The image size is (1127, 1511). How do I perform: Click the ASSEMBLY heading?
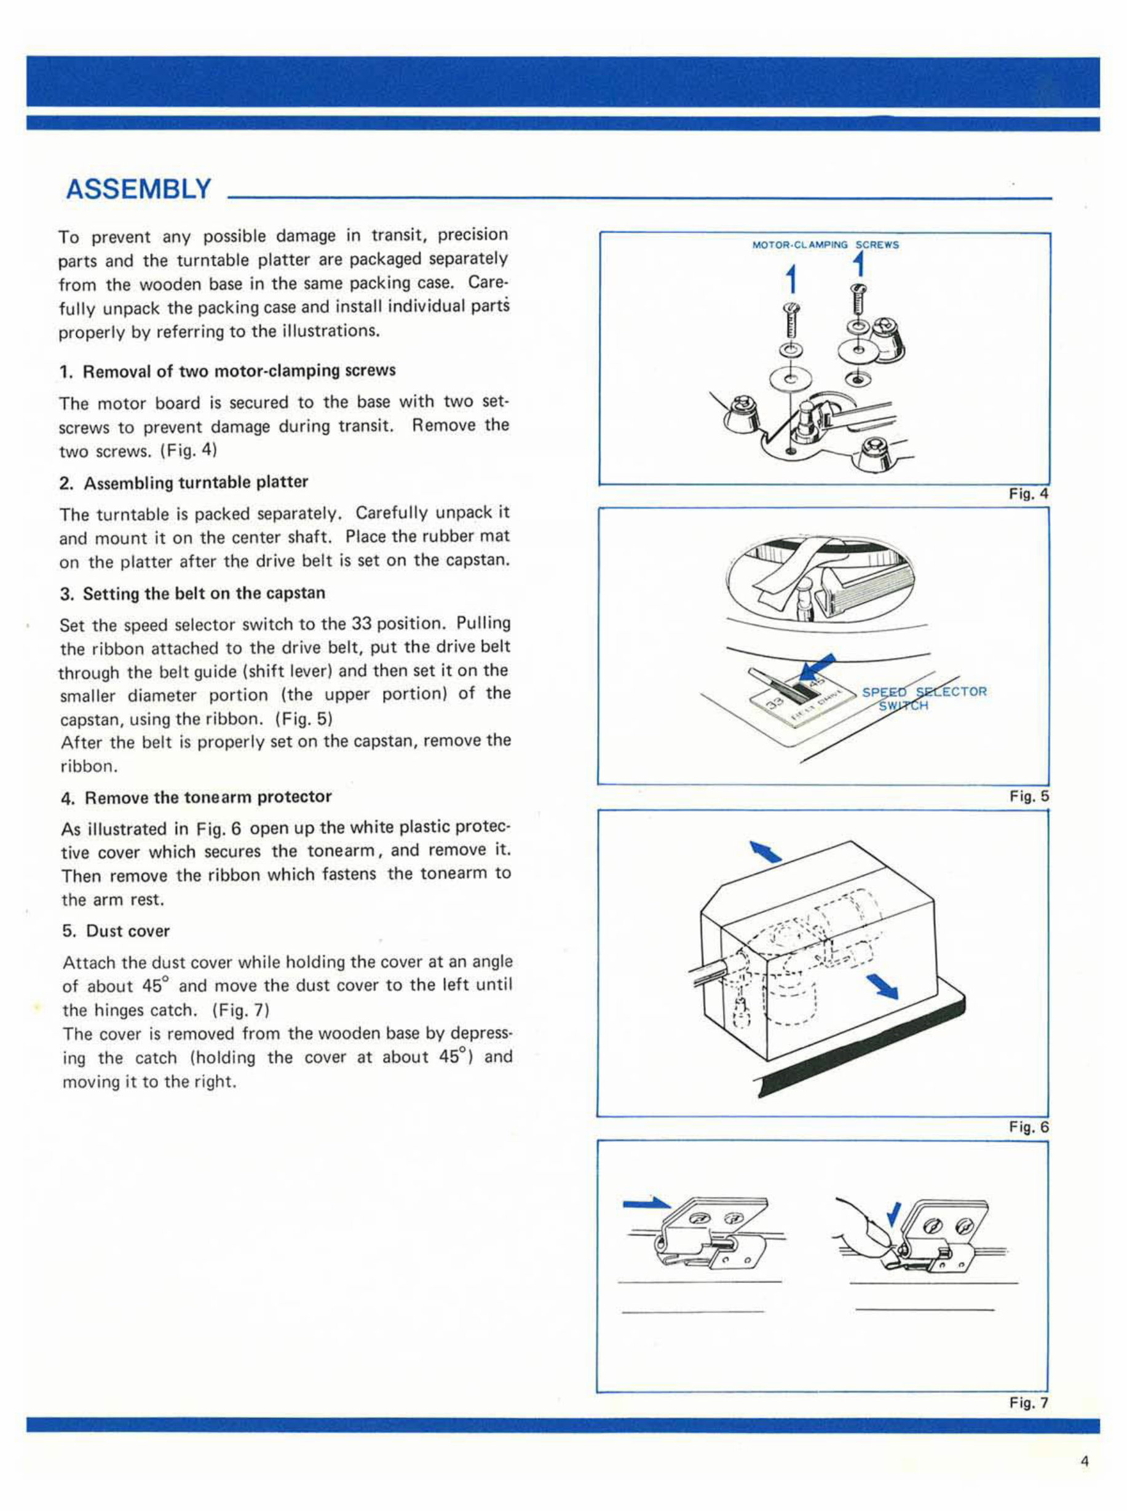tap(138, 189)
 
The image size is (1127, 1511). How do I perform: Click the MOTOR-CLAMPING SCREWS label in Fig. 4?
tap(826, 245)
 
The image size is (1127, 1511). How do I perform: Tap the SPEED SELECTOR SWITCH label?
tap(923, 698)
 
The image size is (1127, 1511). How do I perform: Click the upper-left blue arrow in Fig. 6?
tap(767, 852)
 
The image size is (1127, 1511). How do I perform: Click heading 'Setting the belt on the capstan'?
tap(204, 593)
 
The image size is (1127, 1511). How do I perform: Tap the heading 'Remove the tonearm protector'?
tap(207, 797)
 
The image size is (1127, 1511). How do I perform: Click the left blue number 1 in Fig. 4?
tap(791, 280)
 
